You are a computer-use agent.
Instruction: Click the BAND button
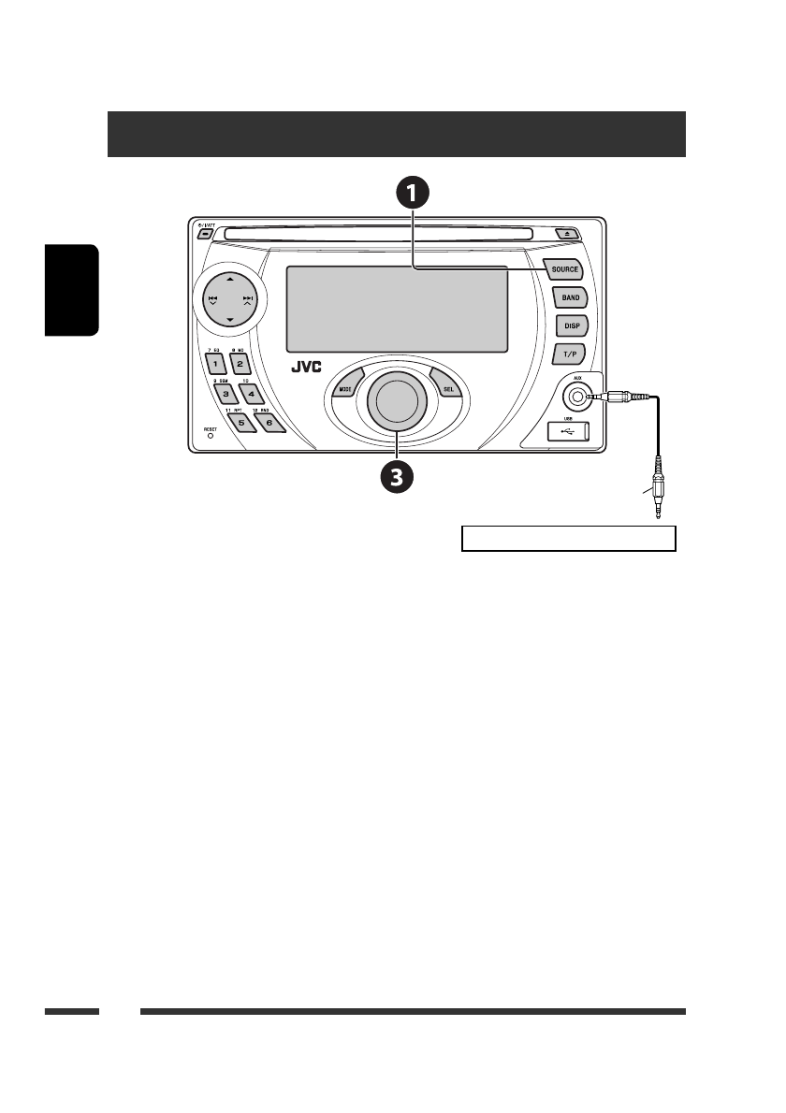pyautogui.click(x=570, y=297)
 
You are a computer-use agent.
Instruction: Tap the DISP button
pyautogui.click(x=570, y=325)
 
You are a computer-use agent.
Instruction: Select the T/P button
pyautogui.click(x=569, y=354)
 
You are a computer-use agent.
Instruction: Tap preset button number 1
pyautogui.click(x=215, y=364)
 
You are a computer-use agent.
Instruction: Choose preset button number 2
pyautogui.click(x=240, y=364)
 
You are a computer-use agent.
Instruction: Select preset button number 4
pyautogui.click(x=250, y=394)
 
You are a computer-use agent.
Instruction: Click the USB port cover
pyautogui.click(x=568, y=430)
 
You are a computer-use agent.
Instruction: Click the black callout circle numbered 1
pyautogui.click(x=413, y=194)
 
